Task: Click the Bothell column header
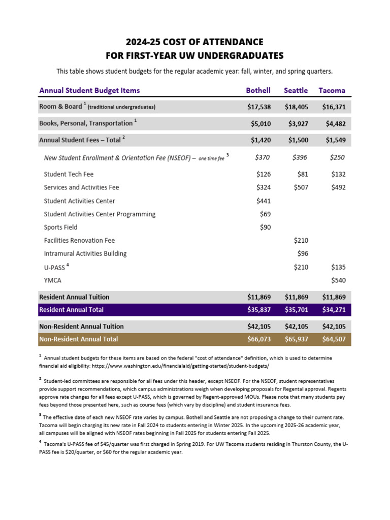258,90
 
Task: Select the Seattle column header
296,90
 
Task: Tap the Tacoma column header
332,90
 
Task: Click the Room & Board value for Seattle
296,107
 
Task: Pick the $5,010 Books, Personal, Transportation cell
261,123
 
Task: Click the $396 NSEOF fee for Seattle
300,158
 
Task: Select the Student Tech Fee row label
69,174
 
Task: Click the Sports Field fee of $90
265,227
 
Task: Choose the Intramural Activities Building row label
85,254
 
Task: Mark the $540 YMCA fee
338,280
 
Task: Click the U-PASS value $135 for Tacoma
338,267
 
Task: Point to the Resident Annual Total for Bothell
258,310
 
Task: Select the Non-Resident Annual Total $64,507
334,339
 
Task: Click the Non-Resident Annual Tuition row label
81,327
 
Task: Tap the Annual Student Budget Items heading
89,90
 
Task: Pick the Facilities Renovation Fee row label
79,241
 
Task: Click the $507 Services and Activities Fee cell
301,187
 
